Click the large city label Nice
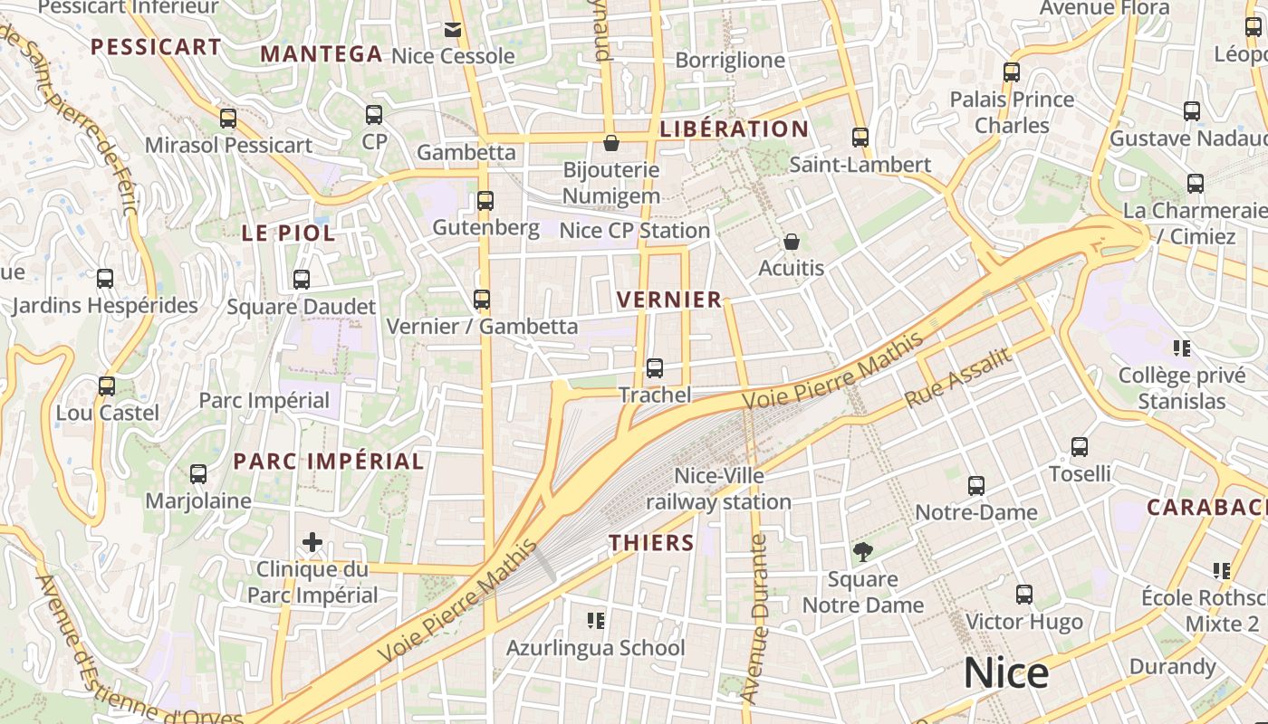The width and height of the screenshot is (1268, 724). [1005, 673]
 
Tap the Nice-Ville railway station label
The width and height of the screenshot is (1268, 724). [719, 489]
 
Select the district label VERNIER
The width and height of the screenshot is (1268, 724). [669, 300]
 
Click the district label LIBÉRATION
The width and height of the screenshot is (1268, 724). [735, 129]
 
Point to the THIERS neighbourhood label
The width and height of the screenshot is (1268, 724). [651, 543]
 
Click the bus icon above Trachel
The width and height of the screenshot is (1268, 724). [655, 368]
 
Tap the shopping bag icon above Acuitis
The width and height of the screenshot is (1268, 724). [792, 242]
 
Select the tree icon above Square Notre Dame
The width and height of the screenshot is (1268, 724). [863, 551]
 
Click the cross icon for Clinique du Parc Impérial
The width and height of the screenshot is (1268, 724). [312, 542]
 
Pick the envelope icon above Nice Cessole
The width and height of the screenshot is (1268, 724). [453, 30]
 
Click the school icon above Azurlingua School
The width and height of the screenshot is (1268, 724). [595, 621]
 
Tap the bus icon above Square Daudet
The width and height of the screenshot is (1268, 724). [302, 280]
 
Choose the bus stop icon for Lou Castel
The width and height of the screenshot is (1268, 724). [107, 386]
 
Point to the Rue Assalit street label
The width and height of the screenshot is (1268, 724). [958, 377]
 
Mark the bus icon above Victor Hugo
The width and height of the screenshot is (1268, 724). [1024, 595]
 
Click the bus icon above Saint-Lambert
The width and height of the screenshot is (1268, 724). [860, 138]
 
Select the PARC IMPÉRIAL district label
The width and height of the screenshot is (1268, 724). [329, 462]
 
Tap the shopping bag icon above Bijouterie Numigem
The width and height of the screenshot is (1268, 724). [611, 143]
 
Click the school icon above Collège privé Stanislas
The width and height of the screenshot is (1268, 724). [1181, 348]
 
